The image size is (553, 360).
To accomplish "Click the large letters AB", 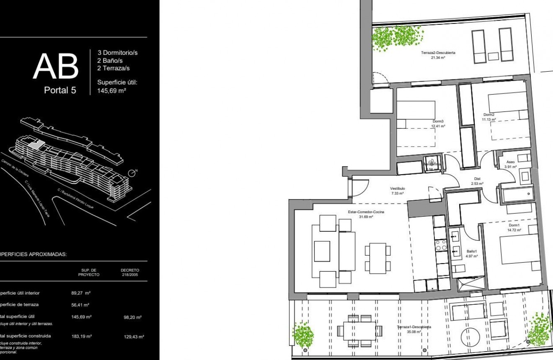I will click(x=56, y=67).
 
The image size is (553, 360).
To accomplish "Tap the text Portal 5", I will click(x=60, y=90).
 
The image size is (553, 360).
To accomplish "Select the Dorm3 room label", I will click(x=439, y=122).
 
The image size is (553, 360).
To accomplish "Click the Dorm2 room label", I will click(x=489, y=115).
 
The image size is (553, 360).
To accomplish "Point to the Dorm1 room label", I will click(x=514, y=225).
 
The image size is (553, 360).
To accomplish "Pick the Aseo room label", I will click(x=510, y=162).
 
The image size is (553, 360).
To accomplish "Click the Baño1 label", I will click(x=471, y=251).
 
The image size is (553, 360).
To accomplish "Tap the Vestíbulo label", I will click(x=398, y=189).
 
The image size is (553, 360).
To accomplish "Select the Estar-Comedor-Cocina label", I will click(x=366, y=212).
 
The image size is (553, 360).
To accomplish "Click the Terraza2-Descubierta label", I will click(x=438, y=53).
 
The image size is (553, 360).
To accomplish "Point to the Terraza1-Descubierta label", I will click(x=414, y=327).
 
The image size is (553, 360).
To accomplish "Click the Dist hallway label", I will click(x=477, y=179).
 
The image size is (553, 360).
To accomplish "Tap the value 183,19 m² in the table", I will click(x=81, y=336).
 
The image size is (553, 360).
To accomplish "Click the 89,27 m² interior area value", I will click(x=80, y=293).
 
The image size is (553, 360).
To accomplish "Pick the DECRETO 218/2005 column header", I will click(x=129, y=272).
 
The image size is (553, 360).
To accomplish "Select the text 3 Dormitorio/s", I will click(x=117, y=53).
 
